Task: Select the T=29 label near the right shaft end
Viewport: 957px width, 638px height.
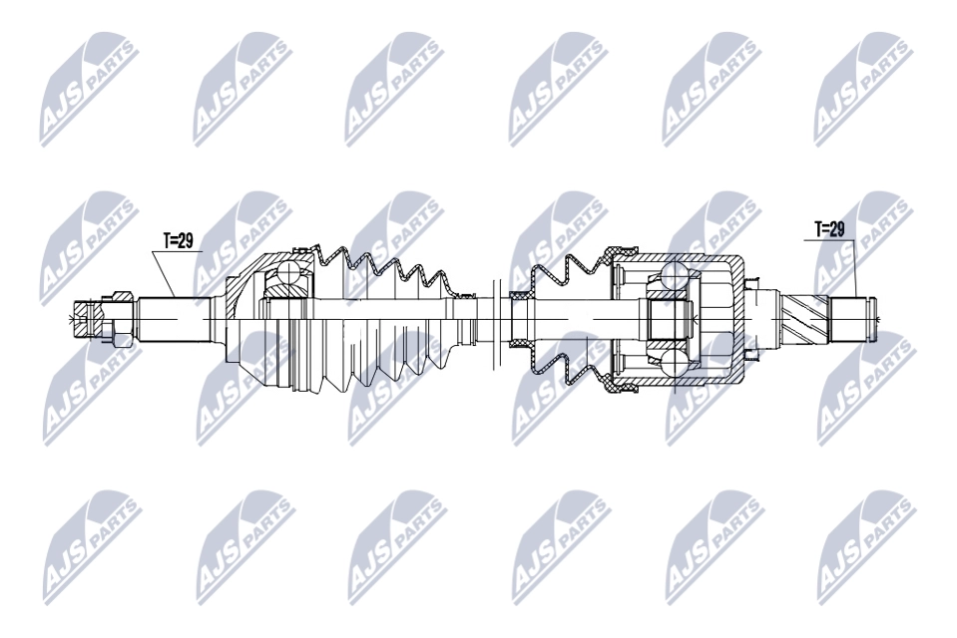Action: click(x=829, y=229)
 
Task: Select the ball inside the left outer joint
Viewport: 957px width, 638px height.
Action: click(x=285, y=270)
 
